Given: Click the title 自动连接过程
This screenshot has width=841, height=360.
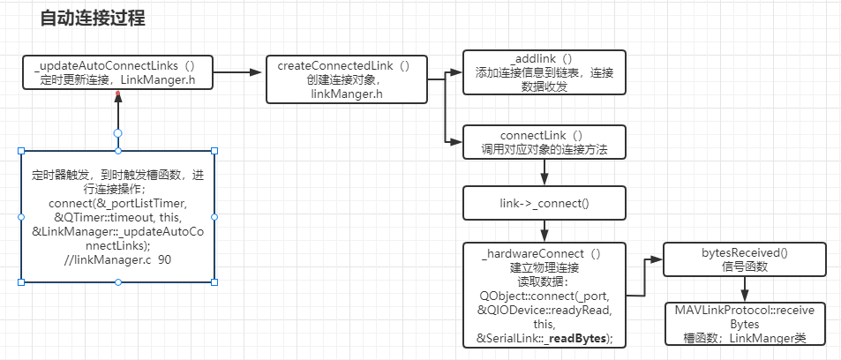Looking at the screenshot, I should pos(93,18).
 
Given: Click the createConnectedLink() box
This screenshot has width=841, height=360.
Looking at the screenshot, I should pos(343,79).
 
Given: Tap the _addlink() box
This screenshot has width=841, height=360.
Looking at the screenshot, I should pos(544,72).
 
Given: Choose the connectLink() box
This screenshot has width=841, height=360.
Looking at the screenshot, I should pos(544,142).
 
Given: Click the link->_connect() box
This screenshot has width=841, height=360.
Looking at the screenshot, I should pos(544,203).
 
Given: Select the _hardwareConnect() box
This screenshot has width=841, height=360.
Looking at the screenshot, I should pos(544,294).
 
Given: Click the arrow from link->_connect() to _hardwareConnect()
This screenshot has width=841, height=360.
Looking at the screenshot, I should pos(544,229).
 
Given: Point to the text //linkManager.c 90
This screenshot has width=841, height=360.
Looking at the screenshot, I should pos(117,260).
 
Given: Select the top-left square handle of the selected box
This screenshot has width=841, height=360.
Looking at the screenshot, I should pos(21,151).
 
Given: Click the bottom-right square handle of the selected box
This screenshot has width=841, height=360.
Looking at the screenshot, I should pos(214,281).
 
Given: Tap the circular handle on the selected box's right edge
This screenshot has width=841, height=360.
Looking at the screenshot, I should pos(214,216).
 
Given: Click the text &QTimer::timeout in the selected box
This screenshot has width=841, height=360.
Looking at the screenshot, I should pos(97,217).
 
